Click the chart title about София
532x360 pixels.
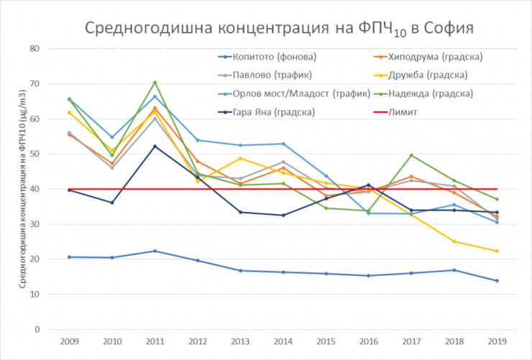279,28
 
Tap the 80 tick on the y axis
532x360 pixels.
34,49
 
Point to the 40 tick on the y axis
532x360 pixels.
34,189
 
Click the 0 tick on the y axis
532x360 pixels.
36,329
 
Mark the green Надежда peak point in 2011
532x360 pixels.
155,83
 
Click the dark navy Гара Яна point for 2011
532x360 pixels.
155,147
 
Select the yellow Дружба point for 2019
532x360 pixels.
496,251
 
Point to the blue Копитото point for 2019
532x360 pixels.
496,280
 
